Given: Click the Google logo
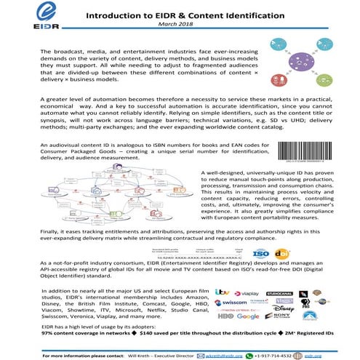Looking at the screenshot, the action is tap(248, 316).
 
